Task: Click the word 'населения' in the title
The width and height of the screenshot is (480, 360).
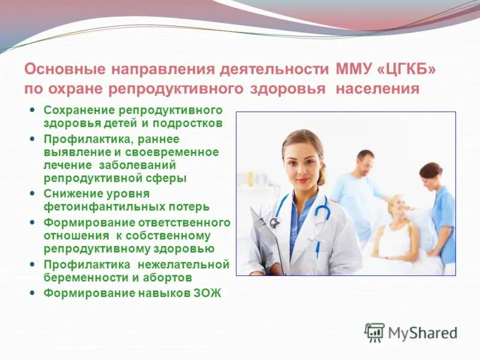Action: [x=377, y=89]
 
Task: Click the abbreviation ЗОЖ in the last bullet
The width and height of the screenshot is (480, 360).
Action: [x=208, y=293]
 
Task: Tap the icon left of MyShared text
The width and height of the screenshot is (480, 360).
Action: [x=374, y=332]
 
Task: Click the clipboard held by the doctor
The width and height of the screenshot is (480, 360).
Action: [x=264, y=240]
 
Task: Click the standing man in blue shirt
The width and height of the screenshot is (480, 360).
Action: [x=359, y=192]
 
